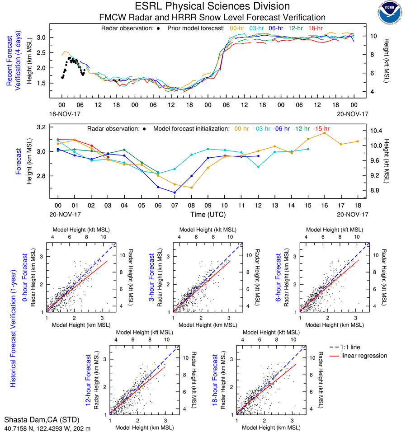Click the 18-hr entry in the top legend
(315, 28)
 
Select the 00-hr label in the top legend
(238, 28)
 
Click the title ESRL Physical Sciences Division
(212, 6)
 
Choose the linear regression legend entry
(364, 356)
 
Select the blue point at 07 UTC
(175, 193)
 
